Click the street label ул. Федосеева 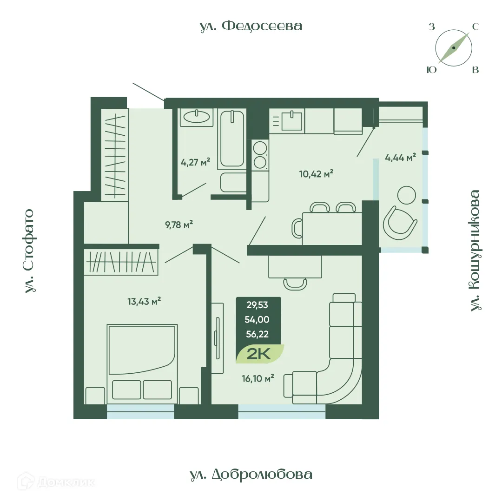coord(251,26)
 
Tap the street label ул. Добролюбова coord(251,474)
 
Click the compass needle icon coord(454,48)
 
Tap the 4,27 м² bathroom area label coord(195,162)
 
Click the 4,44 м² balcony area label coord(400,158)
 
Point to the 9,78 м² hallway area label coord(179,225)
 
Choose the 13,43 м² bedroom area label coord(144,301)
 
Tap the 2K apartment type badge coord(259,354)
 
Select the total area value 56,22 coord(259,334)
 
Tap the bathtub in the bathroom coord(232,139)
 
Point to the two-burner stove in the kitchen coord(260,155)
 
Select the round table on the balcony coord(407,195)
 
